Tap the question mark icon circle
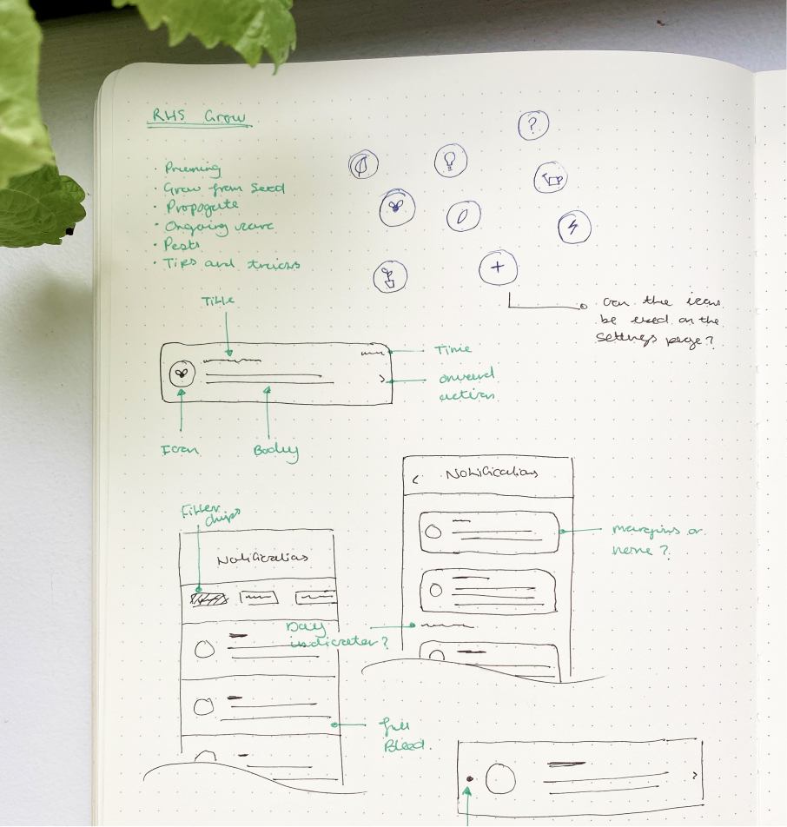tap(532, 127)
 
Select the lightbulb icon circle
tap(450, 160)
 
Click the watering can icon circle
tap(551, 179)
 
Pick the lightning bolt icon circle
tap(573, 228)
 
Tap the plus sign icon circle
tap(497, 268)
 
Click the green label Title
tap(218, 301)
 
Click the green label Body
tap(275, 450)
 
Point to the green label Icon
tap(180, 450)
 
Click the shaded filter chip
tap(208, 599)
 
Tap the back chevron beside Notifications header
tap(415, 478)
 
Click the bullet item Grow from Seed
tap(224, 189)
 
